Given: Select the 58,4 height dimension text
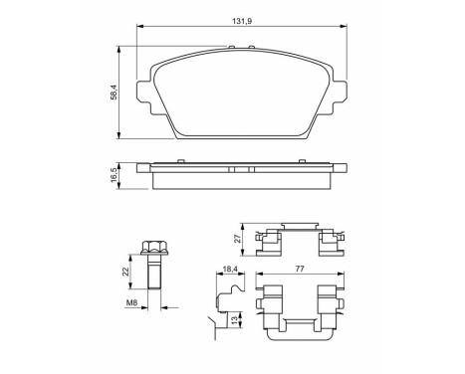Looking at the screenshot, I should click(x=116, y=93).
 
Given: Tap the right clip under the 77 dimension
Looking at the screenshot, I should click(x=326, y=308).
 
